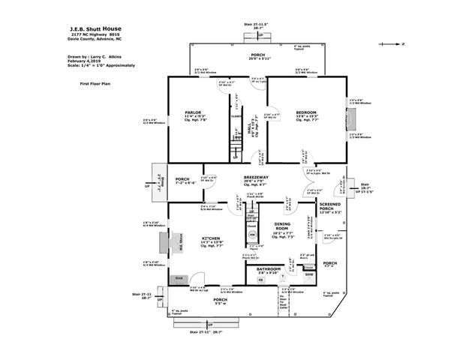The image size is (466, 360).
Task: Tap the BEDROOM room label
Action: coord(305,112)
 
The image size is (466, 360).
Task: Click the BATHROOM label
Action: coord(268,268)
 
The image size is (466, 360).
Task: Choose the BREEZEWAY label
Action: coord(256,177)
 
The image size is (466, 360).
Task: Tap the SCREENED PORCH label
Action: coord(331,207)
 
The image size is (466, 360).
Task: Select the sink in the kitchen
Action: coord(179,278)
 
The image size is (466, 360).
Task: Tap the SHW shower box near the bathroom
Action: coord(308,274)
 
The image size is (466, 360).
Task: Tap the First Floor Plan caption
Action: coord(95,85)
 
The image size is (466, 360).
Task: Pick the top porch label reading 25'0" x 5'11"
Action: coord(257,58)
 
